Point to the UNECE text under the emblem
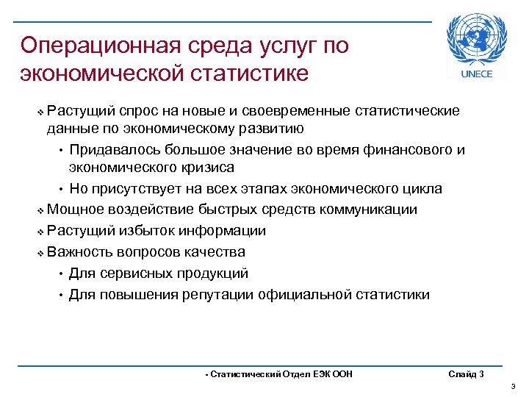(477, 74)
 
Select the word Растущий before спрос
(80, 111)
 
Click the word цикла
(421, 189)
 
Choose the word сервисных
(139, 273)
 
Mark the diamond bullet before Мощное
(40, 210)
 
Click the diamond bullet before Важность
(40, 253)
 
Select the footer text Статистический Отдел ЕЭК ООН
(279, 374)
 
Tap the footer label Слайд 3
(466, 374)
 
